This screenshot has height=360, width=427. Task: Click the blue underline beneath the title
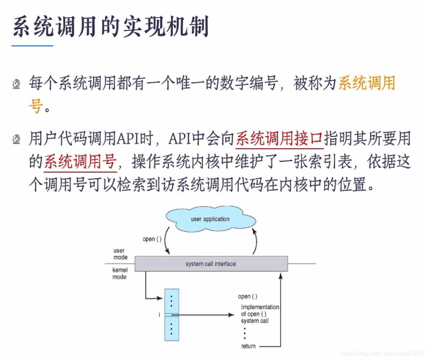click(32, 46)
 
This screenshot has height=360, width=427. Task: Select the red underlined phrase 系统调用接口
click(279, 139)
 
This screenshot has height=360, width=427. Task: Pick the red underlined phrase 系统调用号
click(80, 162)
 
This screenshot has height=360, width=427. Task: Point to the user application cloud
click(210, 219)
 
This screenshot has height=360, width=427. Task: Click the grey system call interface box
click(211, 264)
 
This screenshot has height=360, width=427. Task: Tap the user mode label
click(120, 254)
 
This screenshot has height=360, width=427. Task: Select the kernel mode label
click(120, 273)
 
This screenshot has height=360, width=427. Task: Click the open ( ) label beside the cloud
click(152, 239)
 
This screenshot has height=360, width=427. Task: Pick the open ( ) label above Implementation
click(248, 297)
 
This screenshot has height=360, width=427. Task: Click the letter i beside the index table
click(159, 315)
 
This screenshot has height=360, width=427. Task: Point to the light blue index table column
click(172, 314)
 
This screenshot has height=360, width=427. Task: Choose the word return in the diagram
click(248, 346)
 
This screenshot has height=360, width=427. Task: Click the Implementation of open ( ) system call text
click(260, 314)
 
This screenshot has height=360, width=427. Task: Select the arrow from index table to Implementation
click(205, 315)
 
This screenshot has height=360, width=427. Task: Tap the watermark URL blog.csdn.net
click(382, 353)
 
